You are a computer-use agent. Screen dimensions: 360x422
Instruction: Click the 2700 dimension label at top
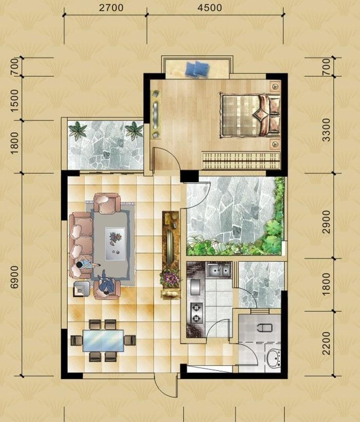111,8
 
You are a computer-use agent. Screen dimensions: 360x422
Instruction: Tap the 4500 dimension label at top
210,8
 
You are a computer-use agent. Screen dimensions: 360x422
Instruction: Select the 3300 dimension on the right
326,130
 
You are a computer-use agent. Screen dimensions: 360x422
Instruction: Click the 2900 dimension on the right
326,222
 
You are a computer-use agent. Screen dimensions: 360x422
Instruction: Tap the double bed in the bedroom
250,115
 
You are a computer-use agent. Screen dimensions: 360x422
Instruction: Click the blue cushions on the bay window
197,69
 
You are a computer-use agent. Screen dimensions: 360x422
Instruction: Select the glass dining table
103,341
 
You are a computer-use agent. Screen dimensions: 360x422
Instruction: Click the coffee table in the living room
115,244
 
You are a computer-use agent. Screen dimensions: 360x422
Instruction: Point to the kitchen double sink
219,270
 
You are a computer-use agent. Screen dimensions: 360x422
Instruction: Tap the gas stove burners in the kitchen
196,313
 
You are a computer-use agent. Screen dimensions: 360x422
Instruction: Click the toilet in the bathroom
265,327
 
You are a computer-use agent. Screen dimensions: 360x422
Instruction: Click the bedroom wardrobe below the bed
241,161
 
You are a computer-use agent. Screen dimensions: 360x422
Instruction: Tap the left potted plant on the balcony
78,131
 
